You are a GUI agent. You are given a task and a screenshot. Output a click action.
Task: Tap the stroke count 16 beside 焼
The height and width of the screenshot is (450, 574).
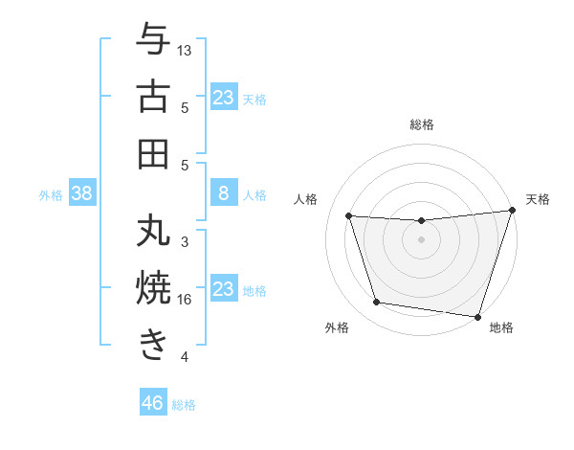(x=185, y=300)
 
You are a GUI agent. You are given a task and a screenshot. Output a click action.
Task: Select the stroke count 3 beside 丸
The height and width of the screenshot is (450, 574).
(x=185, y=242)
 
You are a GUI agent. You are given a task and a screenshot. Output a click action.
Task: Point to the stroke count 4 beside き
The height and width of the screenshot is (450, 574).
(x=185, y=357)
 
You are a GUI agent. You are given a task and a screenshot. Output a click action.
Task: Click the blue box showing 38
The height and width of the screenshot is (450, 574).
(x=82, y=194)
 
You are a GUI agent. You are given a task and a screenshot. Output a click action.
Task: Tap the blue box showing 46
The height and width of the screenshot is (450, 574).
(x=153, y=403)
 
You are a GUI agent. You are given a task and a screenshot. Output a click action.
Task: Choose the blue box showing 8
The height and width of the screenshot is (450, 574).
(x=224, y=194)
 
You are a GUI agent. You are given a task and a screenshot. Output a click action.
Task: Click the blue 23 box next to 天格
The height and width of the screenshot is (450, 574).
(x=224, y=98)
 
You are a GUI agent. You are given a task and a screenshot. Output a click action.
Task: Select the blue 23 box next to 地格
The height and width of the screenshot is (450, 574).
(x=224, y=289)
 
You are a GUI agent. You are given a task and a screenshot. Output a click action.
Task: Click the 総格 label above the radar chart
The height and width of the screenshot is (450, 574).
(x=422, y=125)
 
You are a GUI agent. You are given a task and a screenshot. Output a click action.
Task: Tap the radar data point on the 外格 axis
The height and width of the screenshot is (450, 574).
(x=377, y=303)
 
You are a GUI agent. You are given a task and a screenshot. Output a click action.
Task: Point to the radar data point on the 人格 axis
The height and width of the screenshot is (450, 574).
(x=349, y=216)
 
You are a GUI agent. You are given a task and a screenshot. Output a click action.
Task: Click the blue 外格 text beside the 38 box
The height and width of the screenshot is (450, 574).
(x=51, y=195)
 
